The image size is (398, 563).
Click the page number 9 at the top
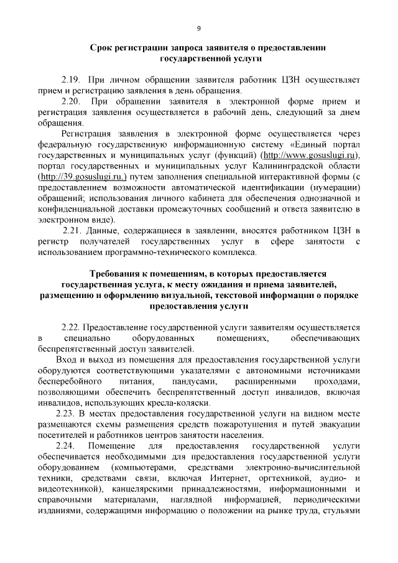pos(198,28)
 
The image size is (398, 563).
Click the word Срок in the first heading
pos(102,47)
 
